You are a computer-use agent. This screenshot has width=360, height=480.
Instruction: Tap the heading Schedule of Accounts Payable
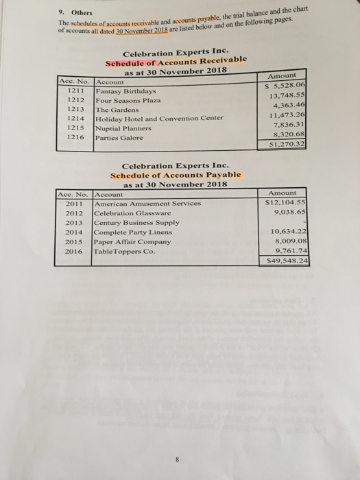[171, 175]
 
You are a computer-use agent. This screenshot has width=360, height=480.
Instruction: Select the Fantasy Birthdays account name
[125, 91]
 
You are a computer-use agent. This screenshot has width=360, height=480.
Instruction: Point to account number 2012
[73, 213]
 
